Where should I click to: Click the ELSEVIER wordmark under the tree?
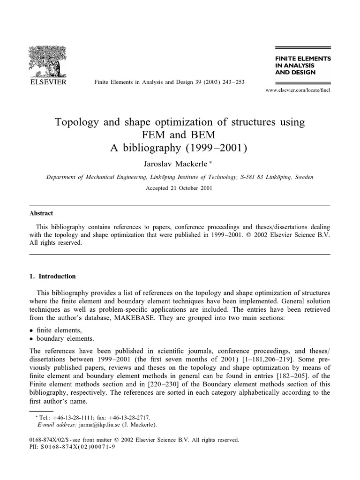tap(48, 82)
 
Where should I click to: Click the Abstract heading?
tap(41, 213)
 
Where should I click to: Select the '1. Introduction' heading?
tap(52, 276)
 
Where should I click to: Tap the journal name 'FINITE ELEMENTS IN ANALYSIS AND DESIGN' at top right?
tap(302, 66)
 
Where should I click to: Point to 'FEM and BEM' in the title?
tap(180, 135)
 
